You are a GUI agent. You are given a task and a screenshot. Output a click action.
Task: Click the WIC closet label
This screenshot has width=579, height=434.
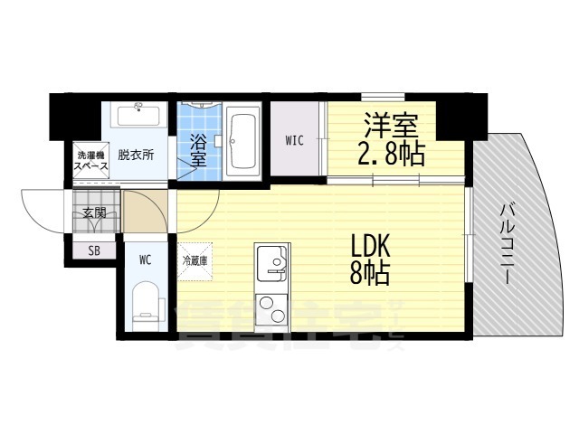tap(295, 140)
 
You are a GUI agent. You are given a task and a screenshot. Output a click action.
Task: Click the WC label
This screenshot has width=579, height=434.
tap(144, 259)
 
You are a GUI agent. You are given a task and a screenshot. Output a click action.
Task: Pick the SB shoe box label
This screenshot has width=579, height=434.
tap(94, 250)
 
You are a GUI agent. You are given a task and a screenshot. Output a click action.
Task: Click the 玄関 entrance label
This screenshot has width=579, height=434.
tap(94, 213)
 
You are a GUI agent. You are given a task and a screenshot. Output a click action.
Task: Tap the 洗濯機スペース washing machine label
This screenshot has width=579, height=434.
tap(91, 159)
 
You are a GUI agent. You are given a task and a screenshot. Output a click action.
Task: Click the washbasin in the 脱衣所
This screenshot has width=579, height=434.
tap(138, 116)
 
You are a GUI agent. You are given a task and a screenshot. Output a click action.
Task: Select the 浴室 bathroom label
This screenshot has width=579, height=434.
tap(198, 148)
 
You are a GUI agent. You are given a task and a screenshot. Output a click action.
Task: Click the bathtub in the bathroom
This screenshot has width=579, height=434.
tap(242, 139)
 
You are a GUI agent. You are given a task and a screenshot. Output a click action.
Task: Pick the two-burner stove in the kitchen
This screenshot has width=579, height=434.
tap(270, 309)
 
